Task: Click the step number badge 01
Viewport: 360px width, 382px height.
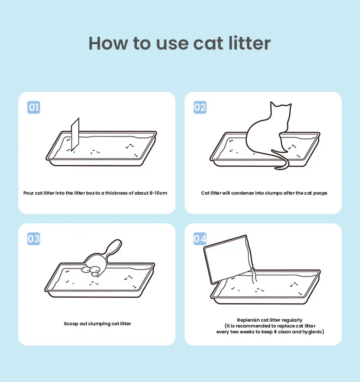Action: [x=34, y=107]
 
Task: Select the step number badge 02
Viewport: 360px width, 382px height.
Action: [x=200, y=107]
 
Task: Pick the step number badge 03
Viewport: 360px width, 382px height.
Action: [x=34, y=238]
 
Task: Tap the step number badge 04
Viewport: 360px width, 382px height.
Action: [x=200, y=238]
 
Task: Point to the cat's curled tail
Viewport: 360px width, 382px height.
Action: [x=283, y=162]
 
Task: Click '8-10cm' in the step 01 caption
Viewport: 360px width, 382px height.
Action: [x=158, y=193]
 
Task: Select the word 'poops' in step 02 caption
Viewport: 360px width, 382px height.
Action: [x=320, y=193]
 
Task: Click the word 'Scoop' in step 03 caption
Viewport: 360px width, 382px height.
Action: [x=71, y=324]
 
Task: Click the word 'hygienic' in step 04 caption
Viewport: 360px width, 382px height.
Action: [x=312, y=332]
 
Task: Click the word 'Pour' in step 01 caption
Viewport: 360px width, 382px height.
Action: [x=29, y=193]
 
